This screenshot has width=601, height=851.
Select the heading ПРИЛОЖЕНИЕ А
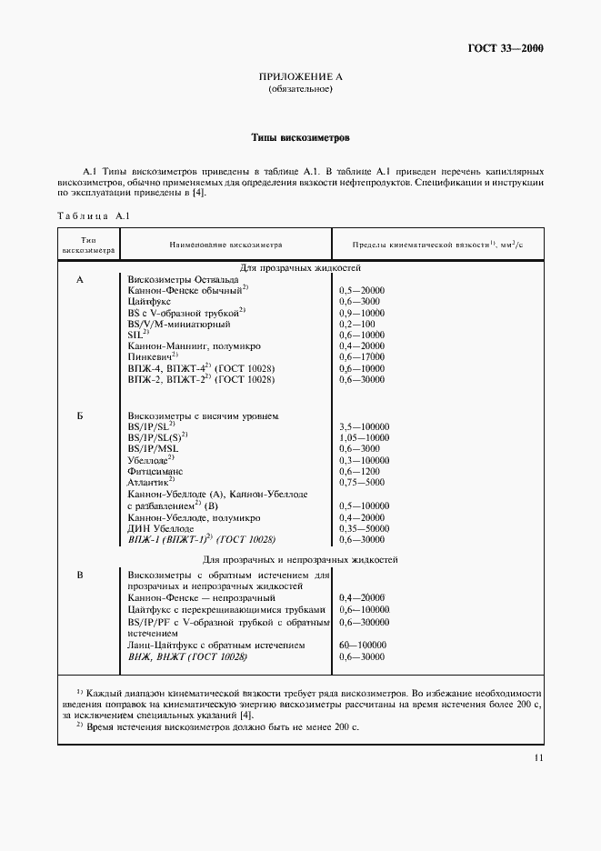pyautogui.click(x=300, y=77)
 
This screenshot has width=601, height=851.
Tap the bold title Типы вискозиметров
pyautogui.click(x=300, y=138)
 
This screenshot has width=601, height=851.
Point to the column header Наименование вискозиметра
pyautogui.click(x=225, y=245)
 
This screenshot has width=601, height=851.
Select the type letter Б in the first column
pyautogui.click(x=80, y=415)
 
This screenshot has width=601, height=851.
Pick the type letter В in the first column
pyautogui.click(x=80, y=575)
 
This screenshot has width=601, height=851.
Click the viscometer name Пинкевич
pyautogui.click(x=152, y=357)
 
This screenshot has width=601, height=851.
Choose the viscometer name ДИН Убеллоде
pyautogui.click(x=161, y=527)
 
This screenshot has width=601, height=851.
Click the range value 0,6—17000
pyautogui.click(x=362, y=357)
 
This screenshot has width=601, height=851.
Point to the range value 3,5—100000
pyautogui.click(x=364, y=426)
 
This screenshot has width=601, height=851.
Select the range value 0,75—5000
pyautogui.click(x=361, y=483)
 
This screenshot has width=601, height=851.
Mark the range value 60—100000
pyautogui.click(x=362, y=645)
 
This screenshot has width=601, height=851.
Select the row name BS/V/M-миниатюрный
pyautogui.click(x=179, y=324)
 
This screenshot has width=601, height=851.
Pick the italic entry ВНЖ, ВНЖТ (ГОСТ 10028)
pyautogui.click(x=187, y=656)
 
